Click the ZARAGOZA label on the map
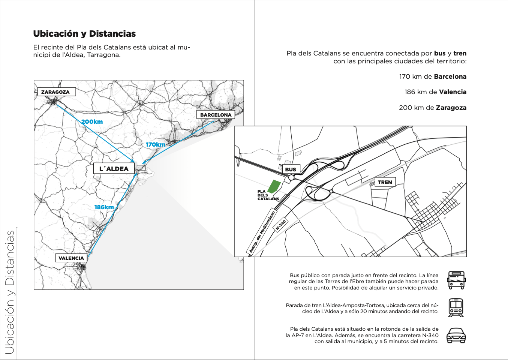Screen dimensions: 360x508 (x=56, y=92)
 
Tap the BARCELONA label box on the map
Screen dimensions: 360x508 (x=216, y=115)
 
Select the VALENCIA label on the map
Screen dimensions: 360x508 (x=71, y=258)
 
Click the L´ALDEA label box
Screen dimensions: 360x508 (x=114, y=169)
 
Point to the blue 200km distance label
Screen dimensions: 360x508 (x=92, y=122)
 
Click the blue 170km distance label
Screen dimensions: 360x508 (x=156, y=145)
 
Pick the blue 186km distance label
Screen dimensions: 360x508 (x=104, y=207)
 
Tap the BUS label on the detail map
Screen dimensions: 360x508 (x=291, y=169)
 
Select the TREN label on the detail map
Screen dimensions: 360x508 (x=385, y=182)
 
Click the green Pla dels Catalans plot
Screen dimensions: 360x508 (x=274, y=186)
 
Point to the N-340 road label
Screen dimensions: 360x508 (x=281, y=225)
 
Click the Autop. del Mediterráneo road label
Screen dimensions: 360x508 (x=262, y=232)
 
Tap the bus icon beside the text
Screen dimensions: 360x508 (x=456, y=280)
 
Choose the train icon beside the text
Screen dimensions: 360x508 (x=456, y=307)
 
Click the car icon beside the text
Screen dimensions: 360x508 (x=456, y=335)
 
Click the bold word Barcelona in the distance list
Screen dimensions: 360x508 (x=450, y=76)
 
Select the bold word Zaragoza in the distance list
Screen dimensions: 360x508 (x=451, y=108)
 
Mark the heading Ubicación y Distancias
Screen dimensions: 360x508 (x=84, y=34)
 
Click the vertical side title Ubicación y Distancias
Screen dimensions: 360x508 (x=10, y=292)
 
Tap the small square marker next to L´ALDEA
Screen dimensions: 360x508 (x=141, y=168)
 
